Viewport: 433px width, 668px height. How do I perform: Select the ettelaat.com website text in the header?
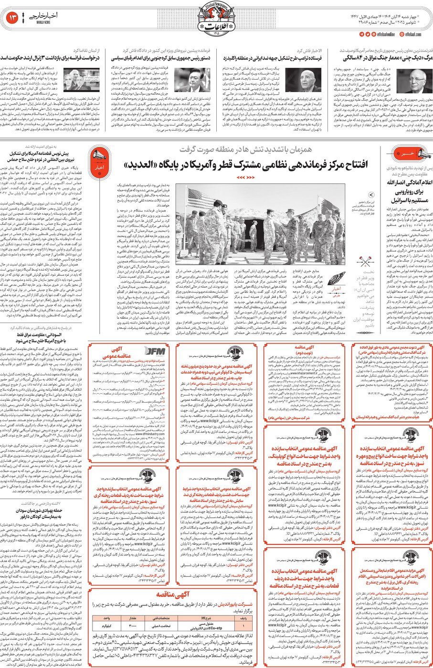413,34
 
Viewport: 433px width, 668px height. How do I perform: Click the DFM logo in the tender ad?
155,352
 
